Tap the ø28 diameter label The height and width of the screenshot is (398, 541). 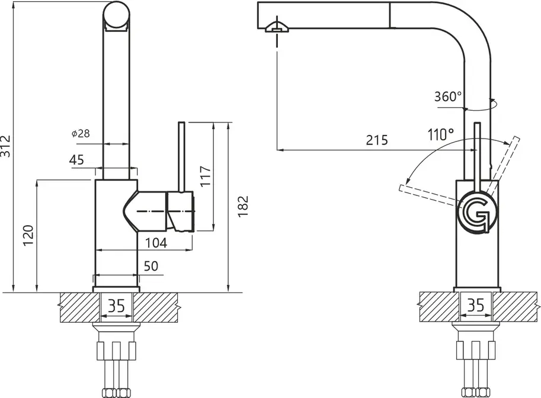click(x=81, y=133)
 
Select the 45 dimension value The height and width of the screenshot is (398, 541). click(x=76, y=160)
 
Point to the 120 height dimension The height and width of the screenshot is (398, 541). click(x=28, y=235)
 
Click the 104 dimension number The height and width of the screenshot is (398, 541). click(x=156, y=243)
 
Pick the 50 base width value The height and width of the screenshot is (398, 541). click(x=151, y=266)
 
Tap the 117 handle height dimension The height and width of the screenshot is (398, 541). click(x=206, y=176)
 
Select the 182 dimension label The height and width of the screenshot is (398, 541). click(x=243, y=207)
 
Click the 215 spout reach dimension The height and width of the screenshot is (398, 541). click(x=377, y=140)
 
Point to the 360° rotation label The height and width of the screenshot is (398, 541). click(x=448, y=97)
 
